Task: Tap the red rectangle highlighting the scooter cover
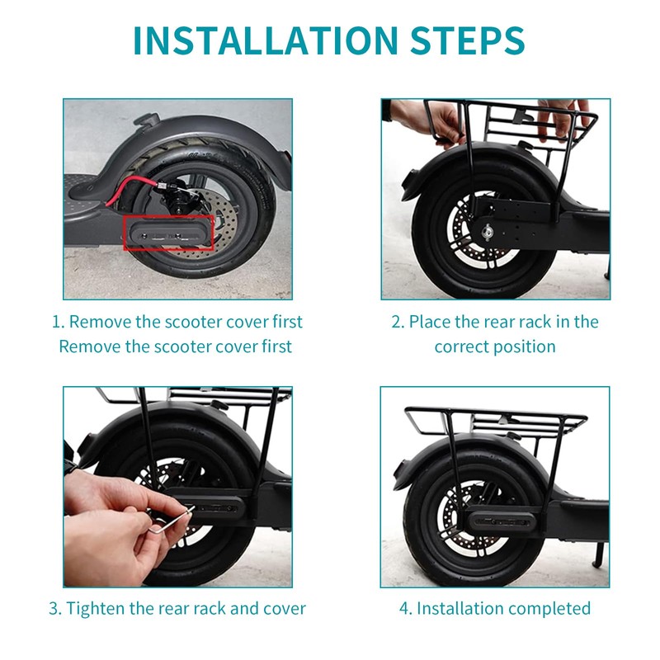(x=167, y=233)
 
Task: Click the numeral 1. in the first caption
(x=57, y=322)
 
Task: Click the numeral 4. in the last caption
(x=405, y=609)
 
